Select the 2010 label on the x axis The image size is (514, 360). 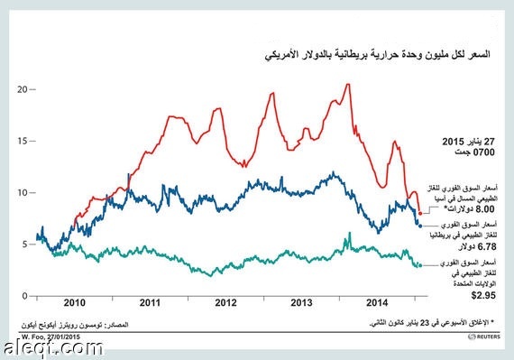[74, 304]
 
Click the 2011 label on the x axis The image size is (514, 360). [150, 304]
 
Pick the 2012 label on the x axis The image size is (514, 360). [225, 304]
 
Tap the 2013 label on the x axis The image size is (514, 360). [301, 304]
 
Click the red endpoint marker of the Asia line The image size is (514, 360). [420, 212]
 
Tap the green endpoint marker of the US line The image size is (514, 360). [420, 265]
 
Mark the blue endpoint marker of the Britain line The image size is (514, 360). [420, 226]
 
